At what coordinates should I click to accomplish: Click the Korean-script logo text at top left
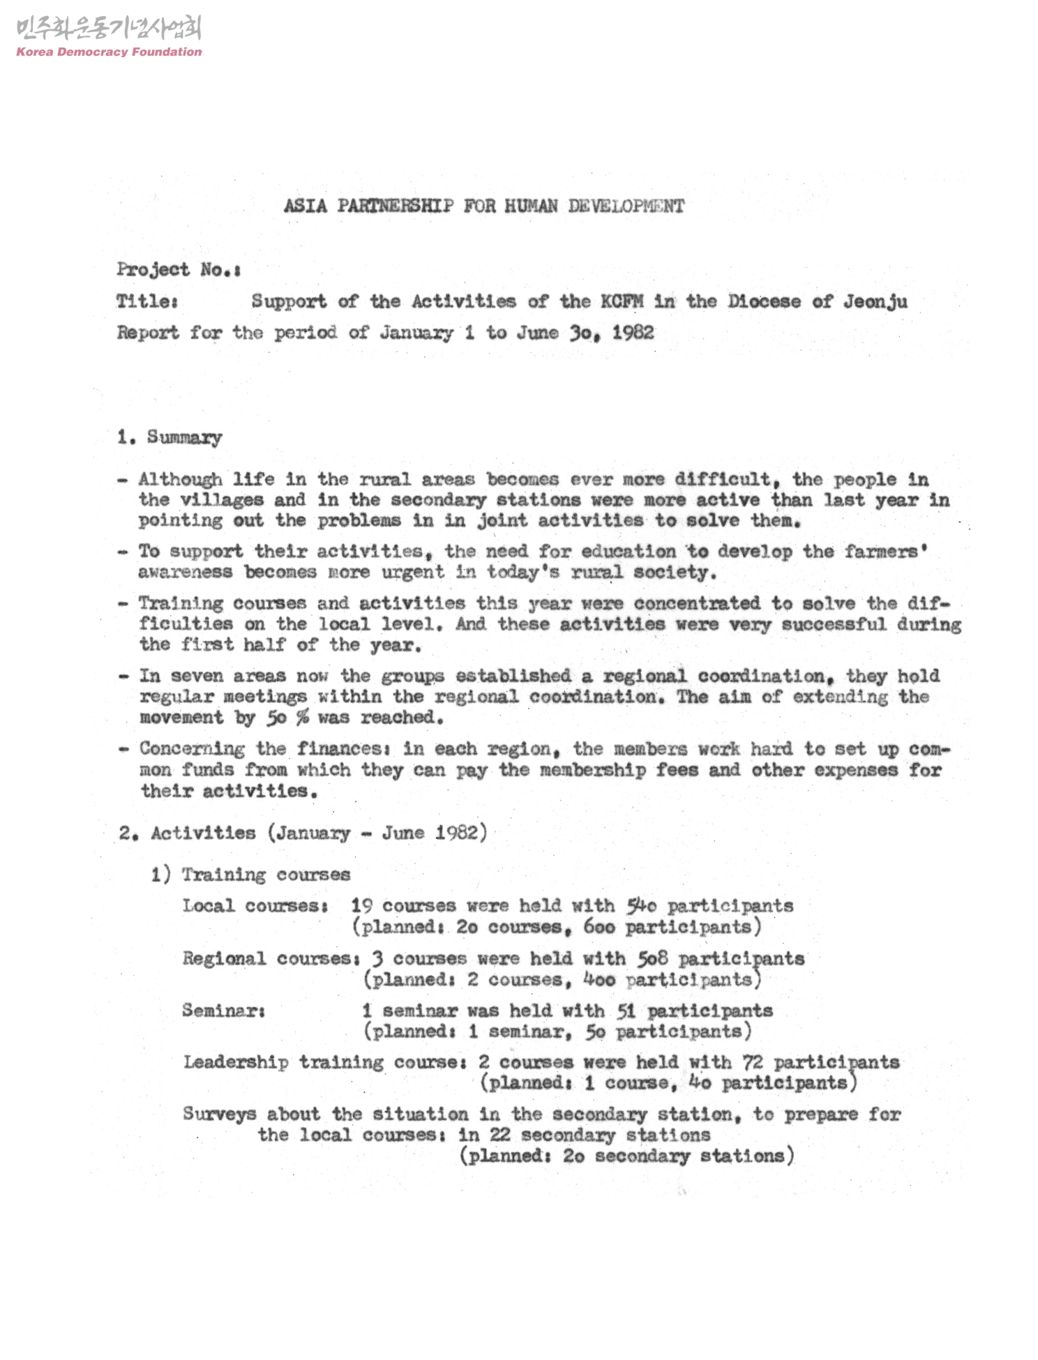click(x=108, y=29)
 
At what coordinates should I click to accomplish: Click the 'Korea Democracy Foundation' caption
click(x=109, y=52)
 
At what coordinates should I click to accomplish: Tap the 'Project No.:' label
click(x=179, y=270)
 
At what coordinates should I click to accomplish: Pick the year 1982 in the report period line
click(x=633, y=333)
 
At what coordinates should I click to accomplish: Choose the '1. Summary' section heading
click(x=170, y=437)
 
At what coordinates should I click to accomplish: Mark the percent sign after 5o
click(x=302, y=718)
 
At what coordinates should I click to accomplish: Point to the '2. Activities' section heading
click(x=187, y=833)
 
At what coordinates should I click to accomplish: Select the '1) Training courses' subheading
click(x=250, y=875)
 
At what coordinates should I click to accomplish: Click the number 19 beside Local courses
click(x=361, y=906)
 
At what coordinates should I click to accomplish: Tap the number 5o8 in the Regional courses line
click(x=652, y=958)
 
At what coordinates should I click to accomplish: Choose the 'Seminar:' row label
click(x=223, y=1011)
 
